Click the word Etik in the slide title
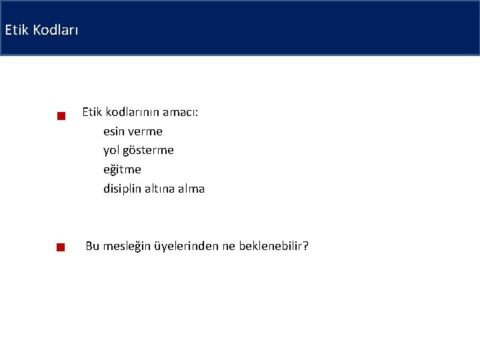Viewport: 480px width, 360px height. click(15, 30)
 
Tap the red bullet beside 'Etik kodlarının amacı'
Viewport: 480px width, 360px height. click(60, 117)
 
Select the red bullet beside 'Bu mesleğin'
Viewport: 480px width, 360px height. click(60, 247)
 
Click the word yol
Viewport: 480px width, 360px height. click(111, 151)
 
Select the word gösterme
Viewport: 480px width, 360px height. click(148, 151)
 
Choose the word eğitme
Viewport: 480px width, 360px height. click(122, 170)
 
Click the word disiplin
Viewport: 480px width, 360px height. click(123, 189)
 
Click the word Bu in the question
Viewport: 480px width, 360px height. click(92, 247)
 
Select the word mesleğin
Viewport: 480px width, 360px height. click(127, 247)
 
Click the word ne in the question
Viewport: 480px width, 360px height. click(229, 247)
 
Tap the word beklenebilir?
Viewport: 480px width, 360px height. click(273, 247)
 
